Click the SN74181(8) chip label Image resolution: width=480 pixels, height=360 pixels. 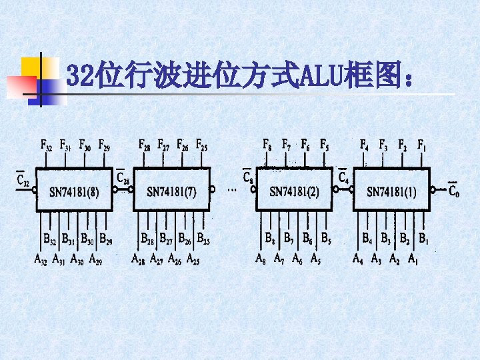[x=75, y=192]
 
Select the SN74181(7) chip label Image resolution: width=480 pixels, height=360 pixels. [x=171, y=192]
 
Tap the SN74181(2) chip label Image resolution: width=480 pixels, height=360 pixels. [x=294, y=192]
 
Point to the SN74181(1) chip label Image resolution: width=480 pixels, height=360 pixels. [x=391, y=192]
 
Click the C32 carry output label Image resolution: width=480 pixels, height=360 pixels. [x=23, y=179]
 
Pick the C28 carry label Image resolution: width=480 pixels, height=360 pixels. [x=123, y=177]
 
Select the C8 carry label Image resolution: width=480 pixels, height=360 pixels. [x=248, y=177]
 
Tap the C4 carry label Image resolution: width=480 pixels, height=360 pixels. [x=343, y=177]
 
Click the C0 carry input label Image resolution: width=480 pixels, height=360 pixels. [x=453, y=191]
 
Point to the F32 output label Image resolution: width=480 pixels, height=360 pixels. [x=47, y=145]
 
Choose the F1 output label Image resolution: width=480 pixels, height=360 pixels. [x=422, y=145]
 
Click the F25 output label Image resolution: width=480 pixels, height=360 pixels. [x=201, y=145]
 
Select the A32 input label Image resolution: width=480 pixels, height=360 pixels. [x=41, y=259]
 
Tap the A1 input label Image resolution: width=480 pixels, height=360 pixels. [x=413, y=259]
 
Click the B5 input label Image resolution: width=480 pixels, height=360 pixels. [x=325, y=237]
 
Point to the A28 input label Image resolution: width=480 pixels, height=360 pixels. [x=138, y=259]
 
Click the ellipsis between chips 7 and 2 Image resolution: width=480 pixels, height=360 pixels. [x=232, y=190]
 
